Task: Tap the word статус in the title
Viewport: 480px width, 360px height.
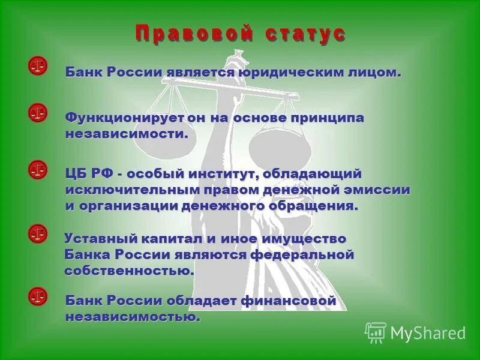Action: pos(305,33)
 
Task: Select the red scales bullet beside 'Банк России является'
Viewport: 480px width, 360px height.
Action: pos(37,66)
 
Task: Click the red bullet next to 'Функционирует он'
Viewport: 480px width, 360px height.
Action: pos(37,112)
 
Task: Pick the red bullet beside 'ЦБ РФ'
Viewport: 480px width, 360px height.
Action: pos(37,170)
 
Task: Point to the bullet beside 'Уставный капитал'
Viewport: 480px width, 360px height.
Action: pos(37,233)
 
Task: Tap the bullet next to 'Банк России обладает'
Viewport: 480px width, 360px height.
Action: pos(37,296)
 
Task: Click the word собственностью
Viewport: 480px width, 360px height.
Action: pos(129,271)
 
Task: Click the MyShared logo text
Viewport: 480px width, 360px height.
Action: pos(427,332)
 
